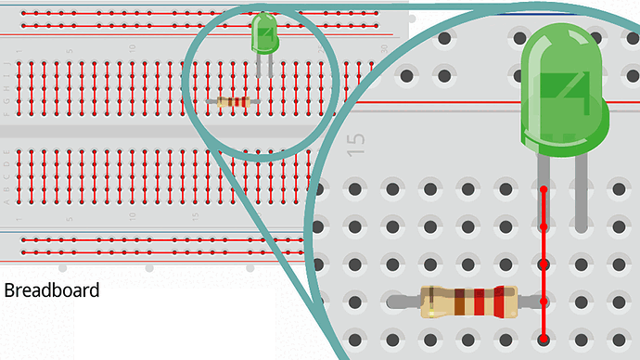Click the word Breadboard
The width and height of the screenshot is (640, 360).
coord(52,290)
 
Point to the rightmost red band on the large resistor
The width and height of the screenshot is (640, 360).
coord(499,302)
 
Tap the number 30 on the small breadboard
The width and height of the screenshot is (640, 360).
coord(383,47)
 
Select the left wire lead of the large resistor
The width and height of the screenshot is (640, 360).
coord(405,302)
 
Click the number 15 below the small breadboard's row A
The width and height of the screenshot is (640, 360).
coord(194,216)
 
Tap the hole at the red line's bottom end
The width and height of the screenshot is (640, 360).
coord(544,340)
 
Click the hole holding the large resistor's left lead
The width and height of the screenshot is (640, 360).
coord(392,302)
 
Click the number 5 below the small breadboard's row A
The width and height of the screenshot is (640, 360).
coord(69,216)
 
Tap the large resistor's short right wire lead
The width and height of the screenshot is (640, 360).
coord(529,302)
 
